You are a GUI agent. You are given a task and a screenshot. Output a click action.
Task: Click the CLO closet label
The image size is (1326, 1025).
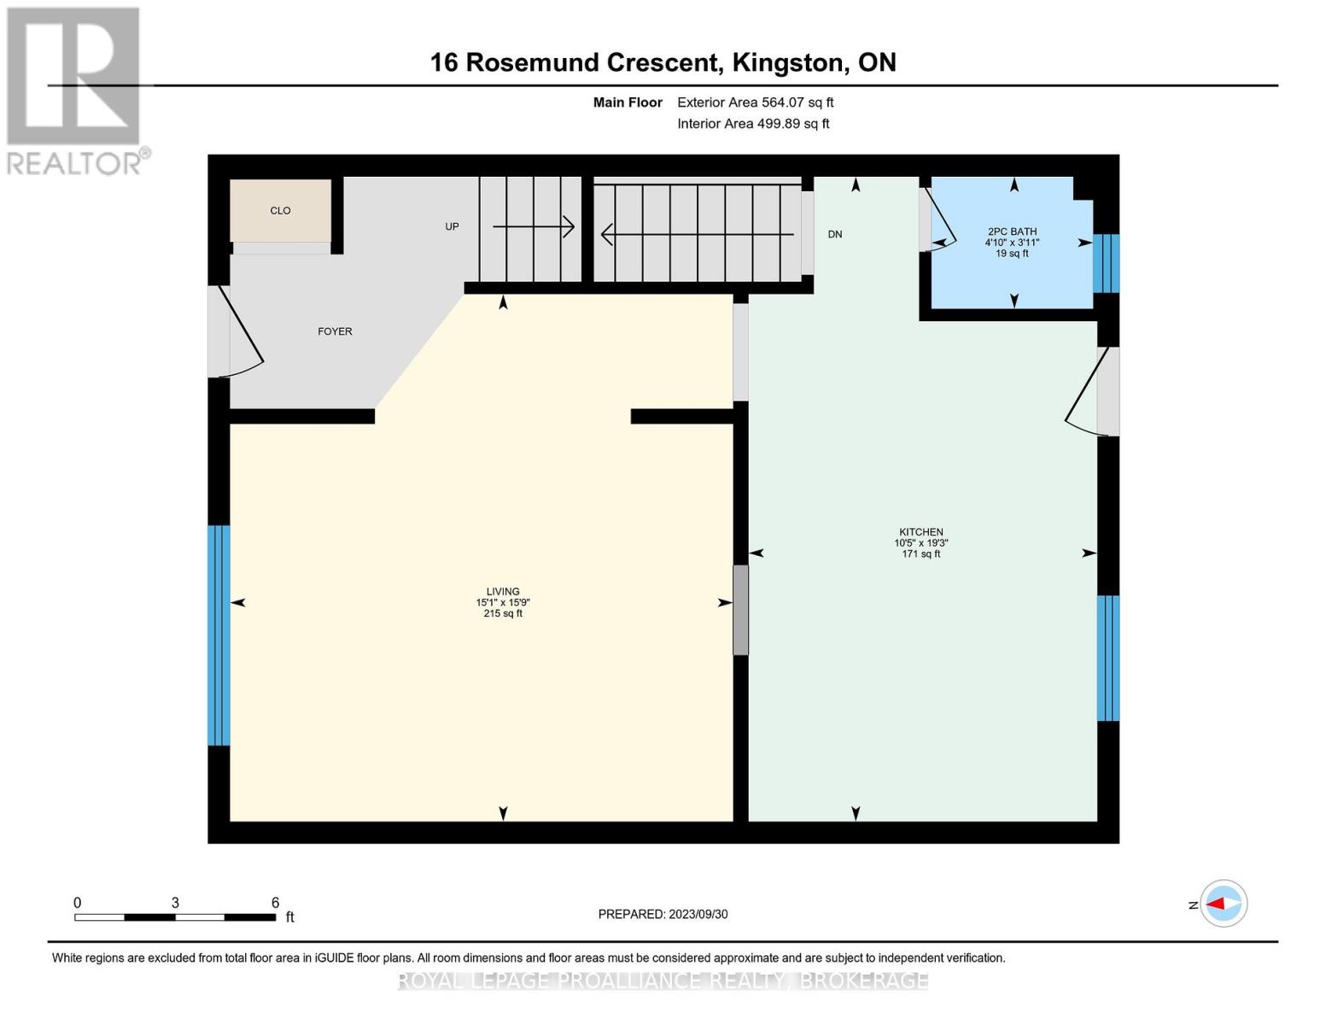280,210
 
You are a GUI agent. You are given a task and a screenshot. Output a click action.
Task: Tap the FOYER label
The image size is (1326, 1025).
335,331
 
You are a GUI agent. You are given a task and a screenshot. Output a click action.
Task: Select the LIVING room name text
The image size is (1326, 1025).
503,591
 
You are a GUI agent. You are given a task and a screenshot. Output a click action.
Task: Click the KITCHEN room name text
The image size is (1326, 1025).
920,531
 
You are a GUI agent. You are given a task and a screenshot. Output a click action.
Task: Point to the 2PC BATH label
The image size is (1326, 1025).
1012,231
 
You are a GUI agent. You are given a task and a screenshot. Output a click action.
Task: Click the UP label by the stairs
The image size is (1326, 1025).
452,226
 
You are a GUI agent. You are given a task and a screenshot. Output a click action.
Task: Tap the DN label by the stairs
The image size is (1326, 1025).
834,234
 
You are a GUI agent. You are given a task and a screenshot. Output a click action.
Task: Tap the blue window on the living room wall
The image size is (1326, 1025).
219,635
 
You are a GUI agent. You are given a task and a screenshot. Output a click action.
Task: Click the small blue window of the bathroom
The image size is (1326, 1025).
1106,263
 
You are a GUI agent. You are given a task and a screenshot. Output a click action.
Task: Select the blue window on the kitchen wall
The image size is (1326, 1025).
1107,658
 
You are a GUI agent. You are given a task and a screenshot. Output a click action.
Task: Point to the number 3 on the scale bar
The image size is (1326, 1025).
175,902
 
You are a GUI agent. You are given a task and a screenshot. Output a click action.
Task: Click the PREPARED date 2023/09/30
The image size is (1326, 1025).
698,914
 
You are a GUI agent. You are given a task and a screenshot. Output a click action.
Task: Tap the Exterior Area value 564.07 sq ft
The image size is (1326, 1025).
797,102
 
